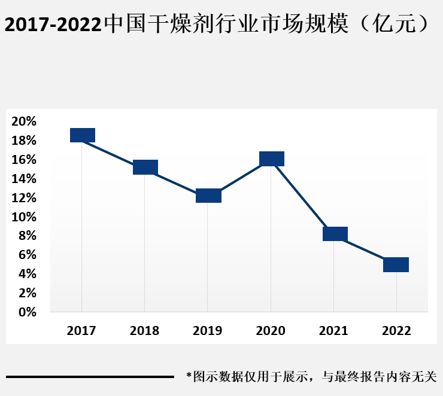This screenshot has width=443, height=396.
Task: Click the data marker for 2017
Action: click(x=83, y=135)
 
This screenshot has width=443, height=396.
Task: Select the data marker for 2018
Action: click(x=145, y=167)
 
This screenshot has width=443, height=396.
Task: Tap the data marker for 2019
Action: click(x=209, y=196)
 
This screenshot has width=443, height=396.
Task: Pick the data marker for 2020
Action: click(x=272, y=159)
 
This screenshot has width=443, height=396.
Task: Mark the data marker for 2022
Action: click(x=396, y=264)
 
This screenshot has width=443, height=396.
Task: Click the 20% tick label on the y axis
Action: click(x=24, y=121)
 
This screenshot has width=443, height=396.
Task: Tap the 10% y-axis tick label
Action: click(x=24, y=217)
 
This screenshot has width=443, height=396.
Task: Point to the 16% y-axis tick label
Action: click(x=24, y=160)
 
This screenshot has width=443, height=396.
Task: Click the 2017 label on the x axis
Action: click(x=81, y=331)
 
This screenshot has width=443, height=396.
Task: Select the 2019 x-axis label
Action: click(x=208, y=331)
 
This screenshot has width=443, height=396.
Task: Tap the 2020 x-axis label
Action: click(x=271, y=331)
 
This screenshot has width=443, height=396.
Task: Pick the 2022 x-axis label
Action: click(x=396, y=331)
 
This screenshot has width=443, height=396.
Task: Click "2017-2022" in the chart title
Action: click(x=53, y=25)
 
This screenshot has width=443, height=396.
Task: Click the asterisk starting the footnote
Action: click(x=189, y=376)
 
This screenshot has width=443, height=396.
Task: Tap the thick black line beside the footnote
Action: click(x=90, y=377)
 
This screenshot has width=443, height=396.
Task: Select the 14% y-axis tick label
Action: click(x=24, y=179)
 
